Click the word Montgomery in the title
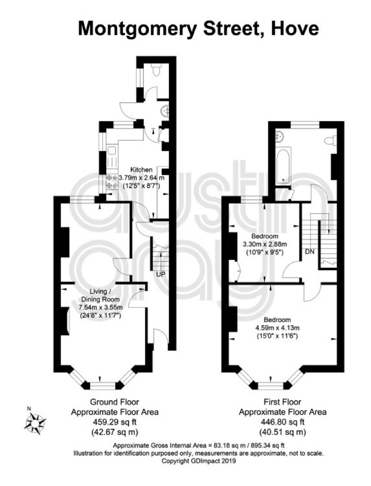138,29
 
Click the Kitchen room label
141,170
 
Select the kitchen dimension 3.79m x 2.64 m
142,178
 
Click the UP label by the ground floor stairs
161,274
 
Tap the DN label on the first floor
310,252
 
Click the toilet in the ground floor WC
156,70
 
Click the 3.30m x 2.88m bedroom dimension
265,244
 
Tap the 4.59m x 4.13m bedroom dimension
277,328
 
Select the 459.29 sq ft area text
115,422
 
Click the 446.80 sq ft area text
282,422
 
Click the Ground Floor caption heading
115,402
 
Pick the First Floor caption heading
282,402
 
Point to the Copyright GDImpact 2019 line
199,461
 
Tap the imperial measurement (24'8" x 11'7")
100,315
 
